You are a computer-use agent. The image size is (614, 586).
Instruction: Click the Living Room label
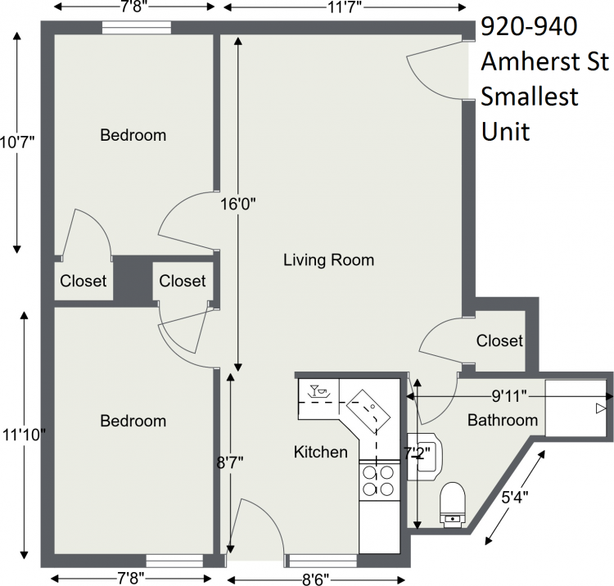tap(328, 260)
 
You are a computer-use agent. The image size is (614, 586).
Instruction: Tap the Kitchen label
tap(321, 452)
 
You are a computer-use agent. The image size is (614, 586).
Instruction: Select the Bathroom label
tap(503, 420)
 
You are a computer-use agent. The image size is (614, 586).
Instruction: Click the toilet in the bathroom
tap(453, 505)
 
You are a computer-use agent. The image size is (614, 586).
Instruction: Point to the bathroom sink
tap(425, 457)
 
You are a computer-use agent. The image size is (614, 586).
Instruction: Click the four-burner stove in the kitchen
tap(378, 480)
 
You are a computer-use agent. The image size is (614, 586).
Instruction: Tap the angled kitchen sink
tap(368, 409)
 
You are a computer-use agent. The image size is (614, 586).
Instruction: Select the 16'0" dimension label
tap(237, 204)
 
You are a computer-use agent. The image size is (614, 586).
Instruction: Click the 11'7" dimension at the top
tap(345, 7)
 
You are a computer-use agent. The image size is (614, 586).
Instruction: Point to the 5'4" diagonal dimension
tap(515, 498)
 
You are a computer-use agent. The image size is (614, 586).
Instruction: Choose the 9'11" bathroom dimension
tap(509, 397)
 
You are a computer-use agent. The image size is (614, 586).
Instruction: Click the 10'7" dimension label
tap(17, 142)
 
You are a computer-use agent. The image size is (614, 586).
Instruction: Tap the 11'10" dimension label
tap(24, 435)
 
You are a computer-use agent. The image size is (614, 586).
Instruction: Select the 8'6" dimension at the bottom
tap(316, 579)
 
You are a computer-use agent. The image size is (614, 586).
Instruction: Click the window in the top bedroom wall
tap(137, 27)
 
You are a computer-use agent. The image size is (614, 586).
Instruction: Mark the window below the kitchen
tap(323, 561)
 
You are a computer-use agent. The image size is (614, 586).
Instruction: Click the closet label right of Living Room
tap(499, 340)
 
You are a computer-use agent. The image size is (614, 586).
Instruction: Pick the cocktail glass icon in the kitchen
tap(314, 390)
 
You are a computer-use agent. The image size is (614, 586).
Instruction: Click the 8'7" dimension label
tap(230, 462)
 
